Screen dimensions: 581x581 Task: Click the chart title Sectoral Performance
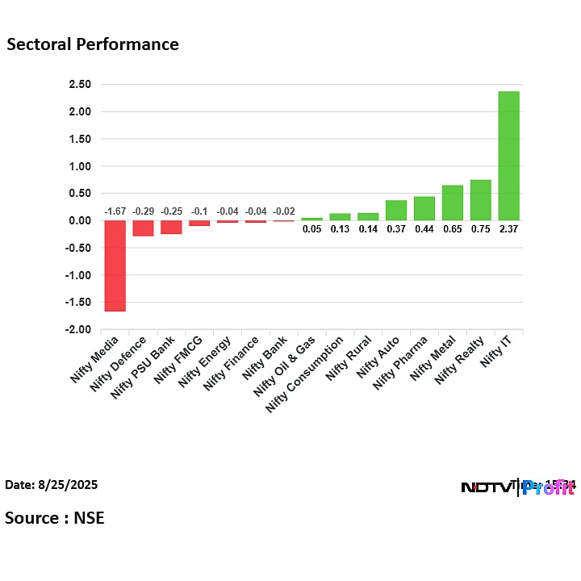click(x=93, y=44)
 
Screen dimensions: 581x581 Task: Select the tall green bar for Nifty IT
click(x=508, y=156)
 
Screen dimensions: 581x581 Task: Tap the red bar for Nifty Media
click(x=115, y=265)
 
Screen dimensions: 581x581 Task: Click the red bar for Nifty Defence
click(x=143, y=228)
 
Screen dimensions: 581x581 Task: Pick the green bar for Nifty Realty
click(x=480, y=200)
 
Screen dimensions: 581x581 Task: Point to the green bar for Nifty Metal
click(x=453, y=203)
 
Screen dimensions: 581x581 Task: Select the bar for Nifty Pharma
click(x=424, y=208)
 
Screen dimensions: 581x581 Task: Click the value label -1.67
click(x=115, y=211)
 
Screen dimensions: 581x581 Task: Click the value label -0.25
click(x=171, y=211)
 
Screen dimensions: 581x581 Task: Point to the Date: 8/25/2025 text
click(x=52, y=485)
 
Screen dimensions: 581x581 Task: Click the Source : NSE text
click(x=55, y=517)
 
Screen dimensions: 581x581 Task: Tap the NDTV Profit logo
click(x=517, y=487)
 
